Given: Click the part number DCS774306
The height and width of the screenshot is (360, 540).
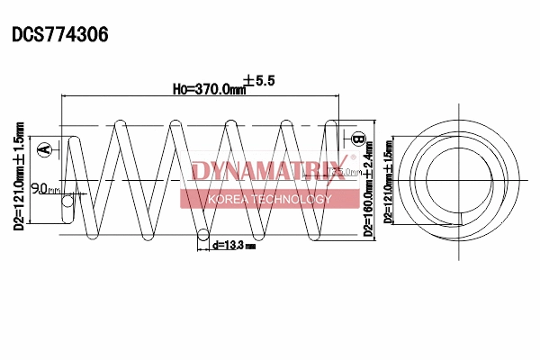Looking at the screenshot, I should point(59,35).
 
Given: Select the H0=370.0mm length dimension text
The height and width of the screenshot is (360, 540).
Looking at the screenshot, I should point(209,88).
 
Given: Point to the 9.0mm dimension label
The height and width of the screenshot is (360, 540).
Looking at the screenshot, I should point(45,189).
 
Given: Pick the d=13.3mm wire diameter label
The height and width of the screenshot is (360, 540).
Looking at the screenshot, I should point(233,244).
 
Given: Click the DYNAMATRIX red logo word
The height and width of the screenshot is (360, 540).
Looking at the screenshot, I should point(272,170).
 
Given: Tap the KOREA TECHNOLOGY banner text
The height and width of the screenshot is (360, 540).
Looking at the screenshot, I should point(270,199).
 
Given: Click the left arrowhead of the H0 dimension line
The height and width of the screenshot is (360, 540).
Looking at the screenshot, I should point(63,94).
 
